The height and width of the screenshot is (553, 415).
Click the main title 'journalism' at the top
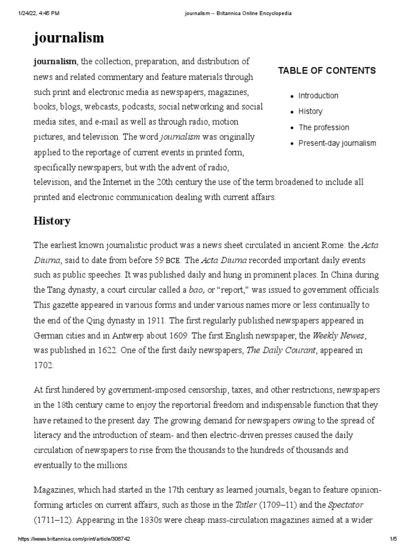(x=69, y=38)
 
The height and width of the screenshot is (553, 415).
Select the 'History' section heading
(x=52, y=221)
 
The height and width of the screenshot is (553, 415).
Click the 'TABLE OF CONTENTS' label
(x=326, y=71)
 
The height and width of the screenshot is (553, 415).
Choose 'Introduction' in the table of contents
(x=318, y=96)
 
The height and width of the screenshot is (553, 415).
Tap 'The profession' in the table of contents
(x=324, y=127)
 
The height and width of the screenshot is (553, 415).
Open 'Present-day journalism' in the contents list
(x=337, y=143)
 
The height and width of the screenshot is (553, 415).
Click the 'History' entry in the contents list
(x=310, y=111)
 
